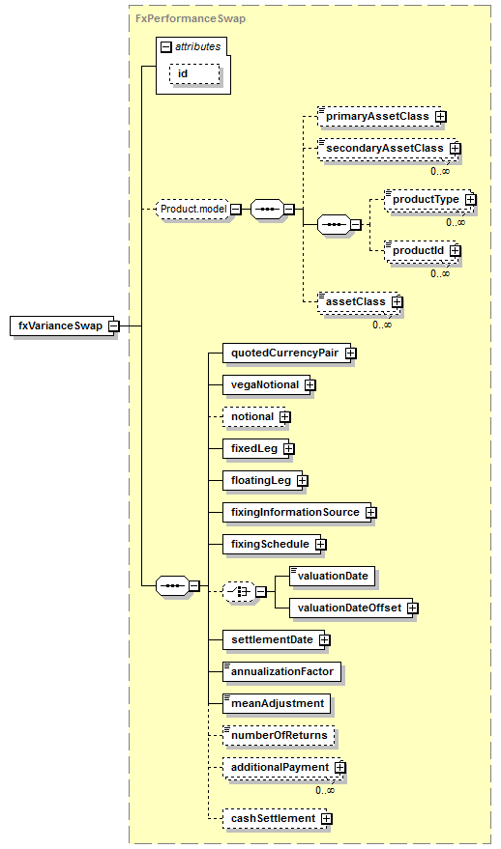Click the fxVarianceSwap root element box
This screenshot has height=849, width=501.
(x=62, y=325)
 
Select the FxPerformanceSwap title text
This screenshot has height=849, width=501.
(x=191, y=18)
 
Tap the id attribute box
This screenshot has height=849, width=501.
(x=194, y=73)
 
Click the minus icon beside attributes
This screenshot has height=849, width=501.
(x=166, y=47)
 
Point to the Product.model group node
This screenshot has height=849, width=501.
(x=193, y=209)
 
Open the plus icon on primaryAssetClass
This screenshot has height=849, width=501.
(x=441, y=117)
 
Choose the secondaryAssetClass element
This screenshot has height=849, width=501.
(x=387, y=149)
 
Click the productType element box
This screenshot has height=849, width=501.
(x=427, y=200)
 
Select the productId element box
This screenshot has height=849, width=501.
(x=420, y=251)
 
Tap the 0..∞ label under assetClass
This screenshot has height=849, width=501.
(x=382, y=325)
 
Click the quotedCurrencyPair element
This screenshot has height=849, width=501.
(x=287, y=354)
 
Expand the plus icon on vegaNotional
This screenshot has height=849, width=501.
(x=310, y=385)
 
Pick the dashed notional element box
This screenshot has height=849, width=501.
(x=253, y=417)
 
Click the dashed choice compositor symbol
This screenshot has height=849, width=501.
(x=239, y=592)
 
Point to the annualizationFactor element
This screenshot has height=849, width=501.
(x=282, y=672)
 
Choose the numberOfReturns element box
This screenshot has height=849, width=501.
(x=279, y=735)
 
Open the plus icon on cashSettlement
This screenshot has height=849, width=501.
(x=326, y=819)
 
